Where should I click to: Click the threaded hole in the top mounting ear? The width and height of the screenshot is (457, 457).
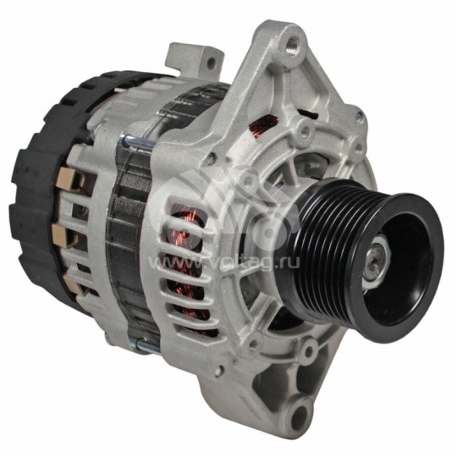tap(292, 38)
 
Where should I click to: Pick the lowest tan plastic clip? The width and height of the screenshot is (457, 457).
tap(66, 284)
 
